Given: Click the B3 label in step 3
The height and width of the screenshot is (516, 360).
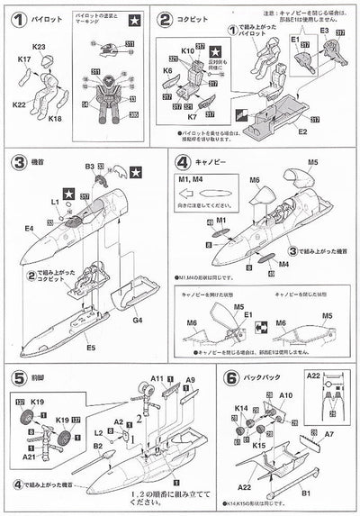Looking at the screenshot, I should [89, 167].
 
